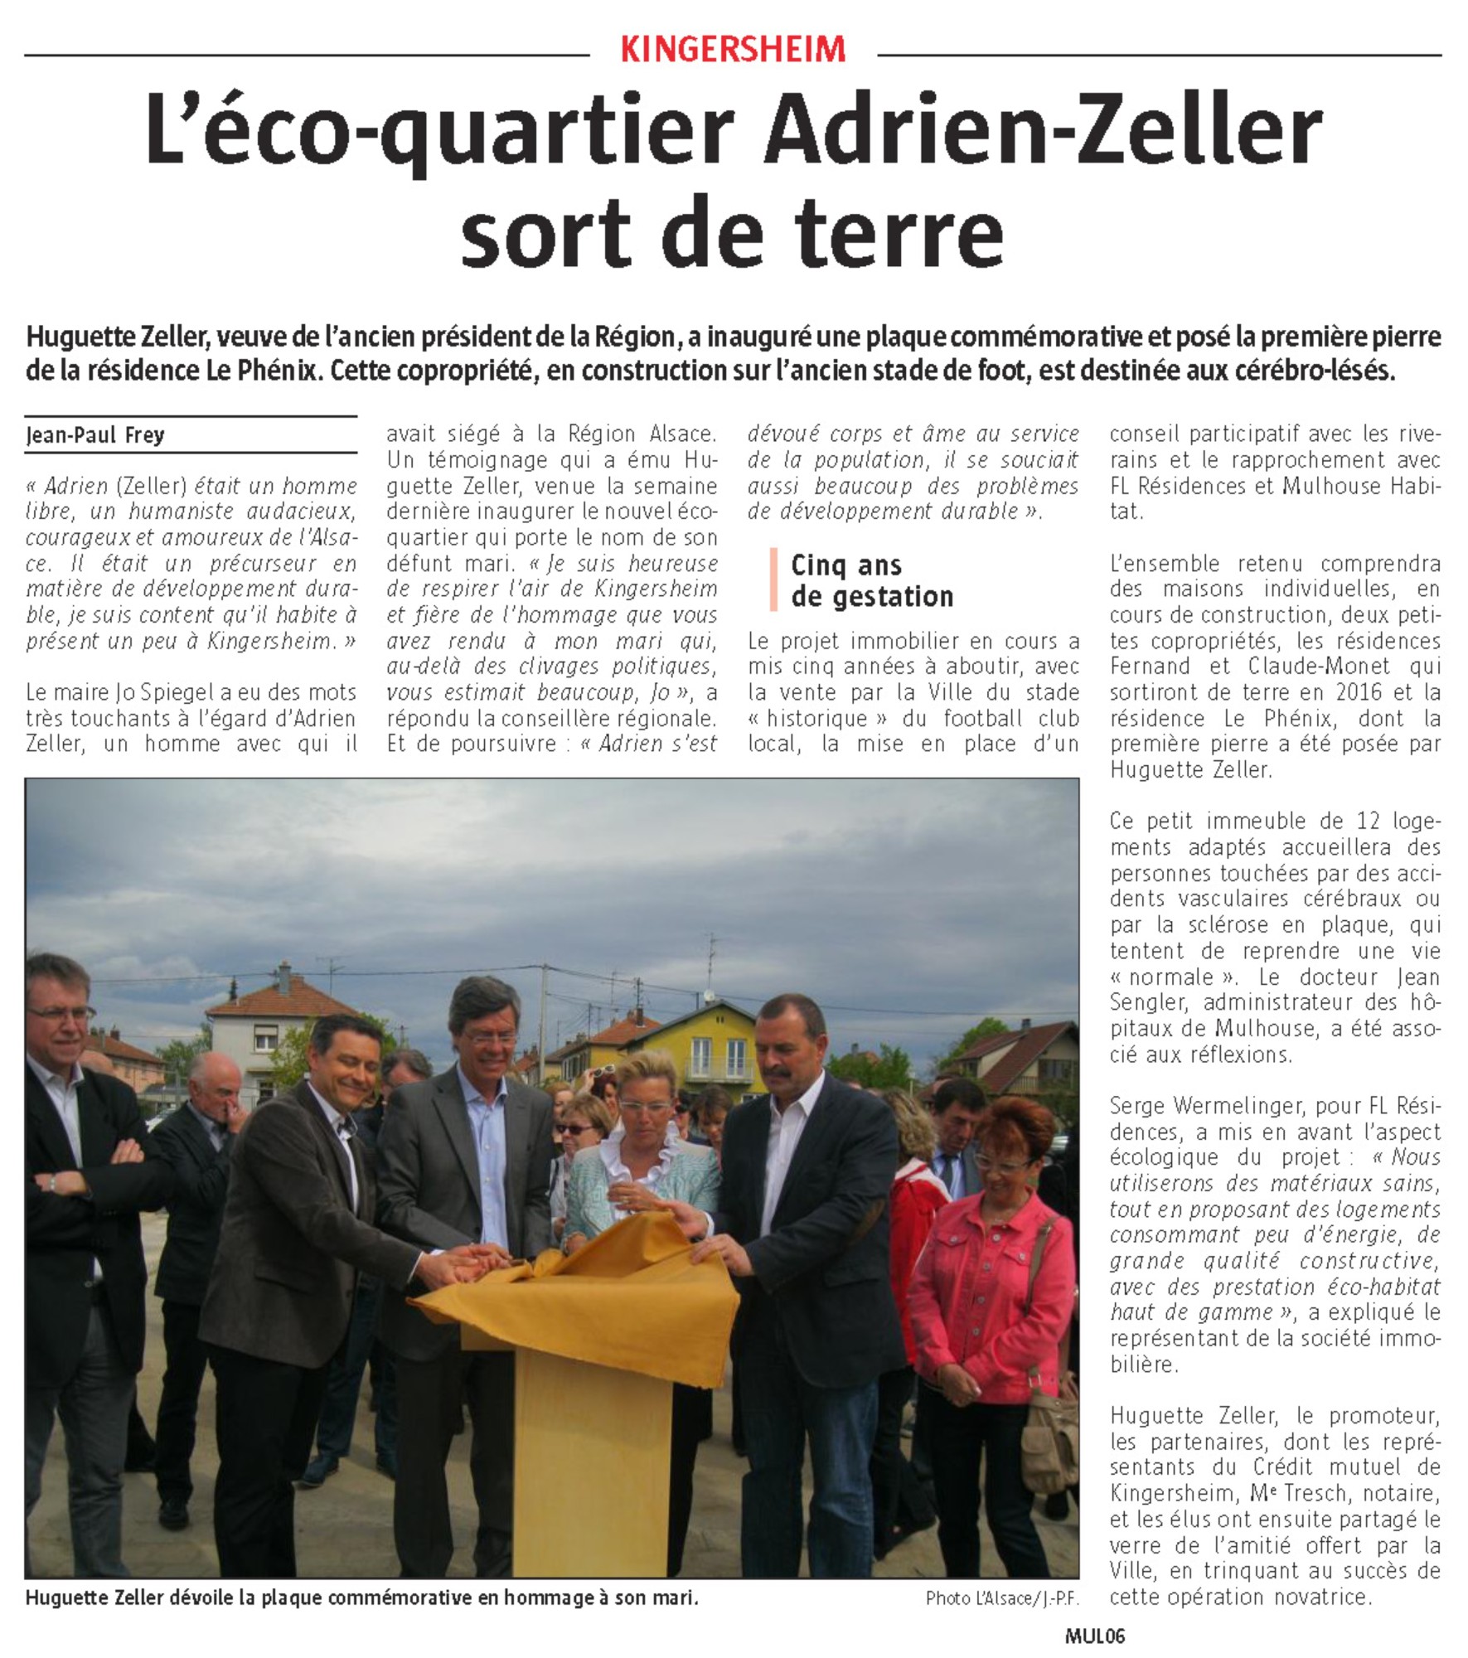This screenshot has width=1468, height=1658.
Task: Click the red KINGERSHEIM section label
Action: (x=733, y=51)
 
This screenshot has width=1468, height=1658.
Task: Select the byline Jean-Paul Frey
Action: (x=95, y=434)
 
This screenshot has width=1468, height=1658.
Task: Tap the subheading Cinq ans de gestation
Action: (x=871, y=580)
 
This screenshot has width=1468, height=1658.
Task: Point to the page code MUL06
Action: (x=1094, y=1636)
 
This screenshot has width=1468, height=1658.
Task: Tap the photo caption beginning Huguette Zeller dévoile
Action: (x=361, y=1597)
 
